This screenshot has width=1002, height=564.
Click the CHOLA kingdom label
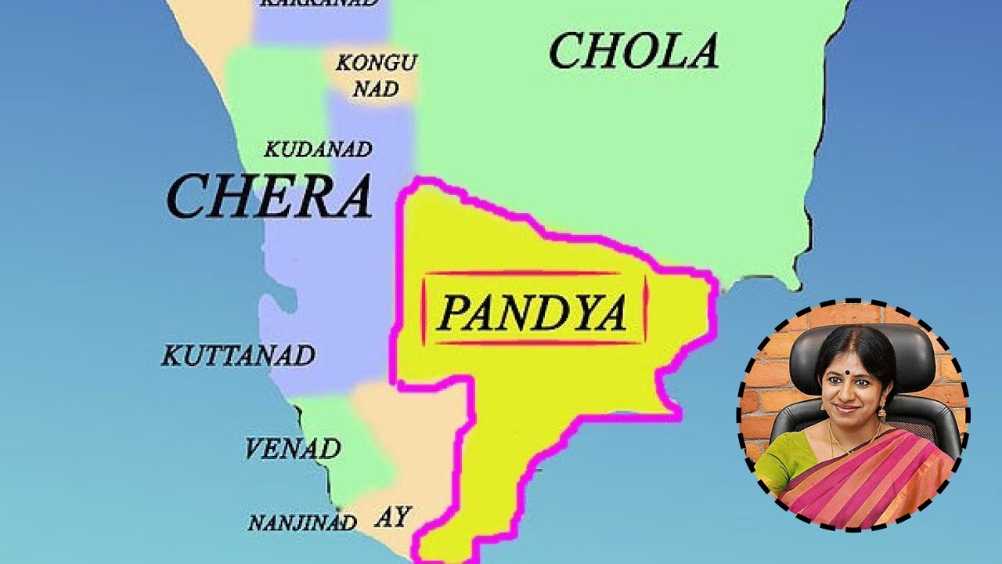633,52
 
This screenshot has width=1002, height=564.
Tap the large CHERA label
269,197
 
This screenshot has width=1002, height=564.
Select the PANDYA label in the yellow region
533,313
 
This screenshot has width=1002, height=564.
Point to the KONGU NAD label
376,75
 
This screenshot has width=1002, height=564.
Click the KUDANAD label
318,150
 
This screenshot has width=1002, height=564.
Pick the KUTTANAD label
238,356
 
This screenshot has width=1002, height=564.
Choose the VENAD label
292,449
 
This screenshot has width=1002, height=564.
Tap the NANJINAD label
302,522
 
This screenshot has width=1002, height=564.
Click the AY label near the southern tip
392,517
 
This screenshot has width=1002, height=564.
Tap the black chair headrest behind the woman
861,349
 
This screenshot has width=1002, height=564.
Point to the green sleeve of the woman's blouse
779,458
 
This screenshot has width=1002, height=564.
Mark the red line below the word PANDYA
533,343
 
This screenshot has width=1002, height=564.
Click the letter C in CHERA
188,197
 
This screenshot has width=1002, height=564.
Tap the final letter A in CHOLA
699,52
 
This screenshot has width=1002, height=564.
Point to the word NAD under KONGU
376,88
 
